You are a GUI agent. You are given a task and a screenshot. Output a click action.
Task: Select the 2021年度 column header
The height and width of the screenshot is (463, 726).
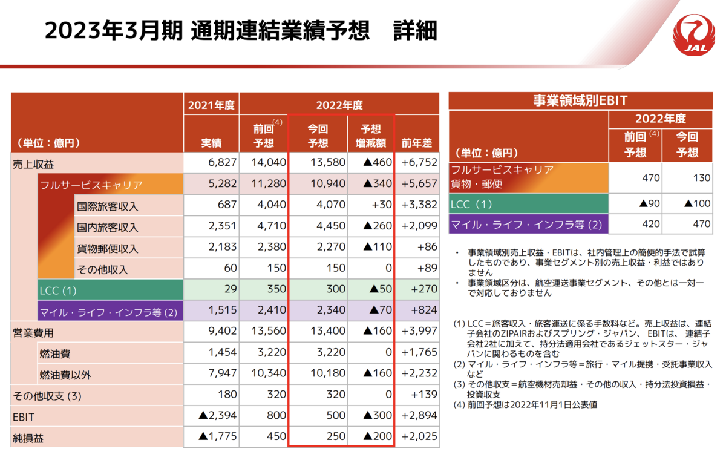click(x=211, y=105)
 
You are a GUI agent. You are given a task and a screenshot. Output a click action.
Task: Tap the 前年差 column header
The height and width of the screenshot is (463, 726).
click(x=417, y=143)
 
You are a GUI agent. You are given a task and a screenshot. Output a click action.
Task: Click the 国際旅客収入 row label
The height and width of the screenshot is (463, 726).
click(x=108, y=206)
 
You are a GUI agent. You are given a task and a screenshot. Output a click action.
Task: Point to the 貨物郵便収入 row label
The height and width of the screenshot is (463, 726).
click(x=108, y=249)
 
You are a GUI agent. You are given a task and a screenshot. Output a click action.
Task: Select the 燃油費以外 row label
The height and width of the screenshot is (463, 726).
click(x=65, y=375)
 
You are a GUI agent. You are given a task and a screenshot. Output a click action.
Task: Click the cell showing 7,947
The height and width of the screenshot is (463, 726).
click(x=222, y=374)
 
